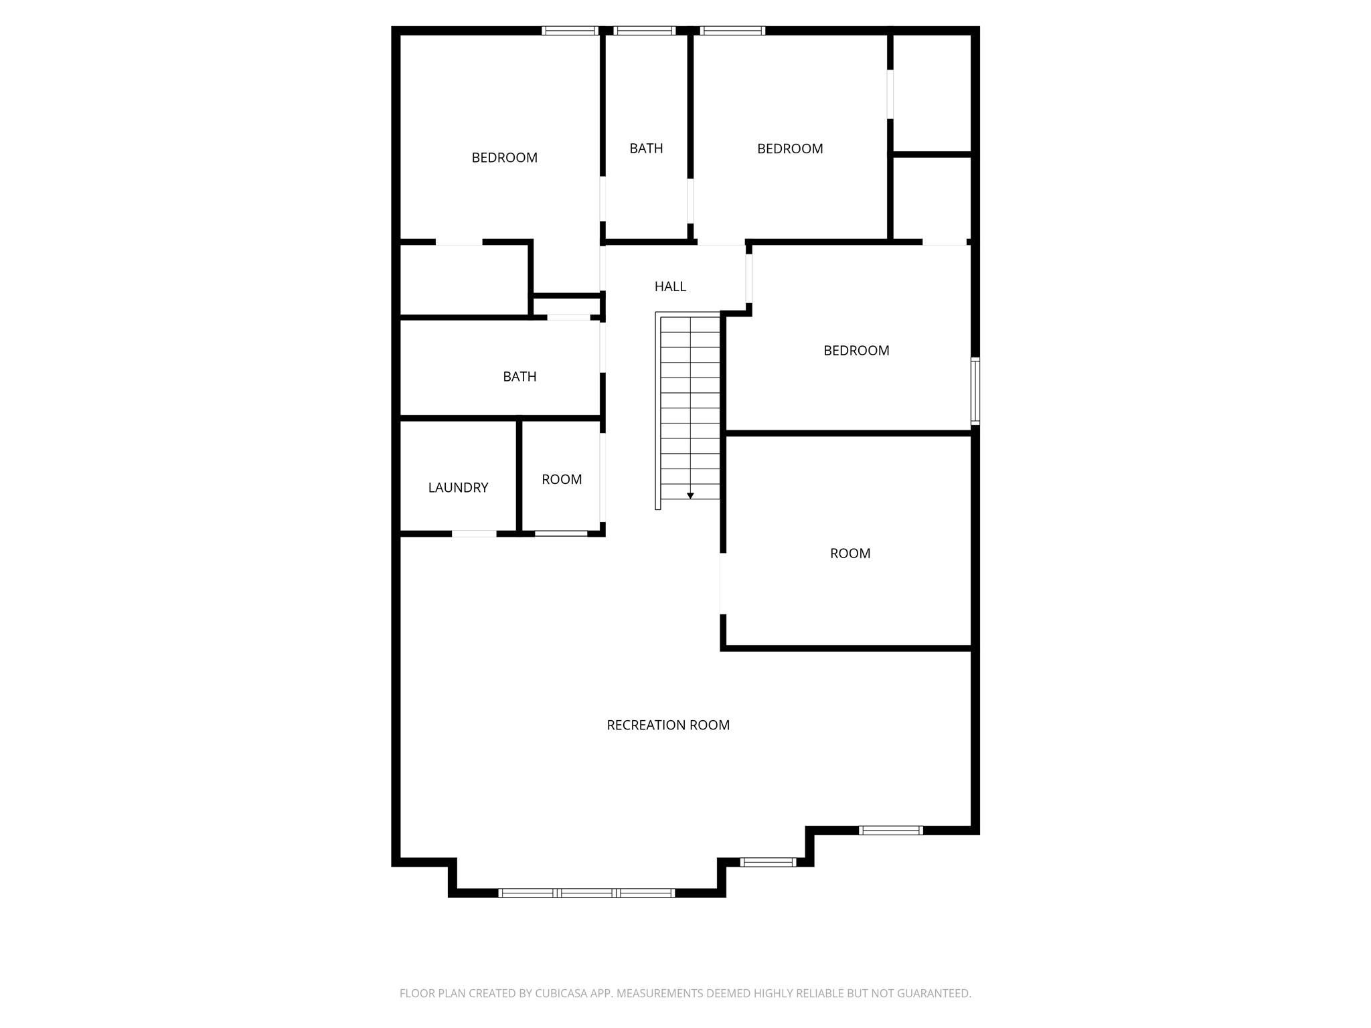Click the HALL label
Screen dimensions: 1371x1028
670,286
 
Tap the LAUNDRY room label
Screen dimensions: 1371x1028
458,488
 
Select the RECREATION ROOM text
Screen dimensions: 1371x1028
668,725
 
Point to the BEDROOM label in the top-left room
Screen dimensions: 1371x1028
505,158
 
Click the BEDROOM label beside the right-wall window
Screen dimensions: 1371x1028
856,351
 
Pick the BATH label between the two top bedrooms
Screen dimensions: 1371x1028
646,149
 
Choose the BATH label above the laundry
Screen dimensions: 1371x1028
519,377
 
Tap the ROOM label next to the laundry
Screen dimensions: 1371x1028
562,479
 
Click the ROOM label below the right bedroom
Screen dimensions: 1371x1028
850,553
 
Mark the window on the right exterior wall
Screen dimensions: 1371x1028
975,391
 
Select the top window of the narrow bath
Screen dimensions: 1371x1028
645,30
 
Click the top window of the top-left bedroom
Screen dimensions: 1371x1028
570,30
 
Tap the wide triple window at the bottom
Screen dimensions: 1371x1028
586,893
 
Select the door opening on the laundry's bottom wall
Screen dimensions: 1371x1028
474,533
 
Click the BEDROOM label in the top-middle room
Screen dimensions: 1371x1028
790,149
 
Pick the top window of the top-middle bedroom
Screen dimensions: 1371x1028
732,30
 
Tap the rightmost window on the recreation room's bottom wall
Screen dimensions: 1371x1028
891,831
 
